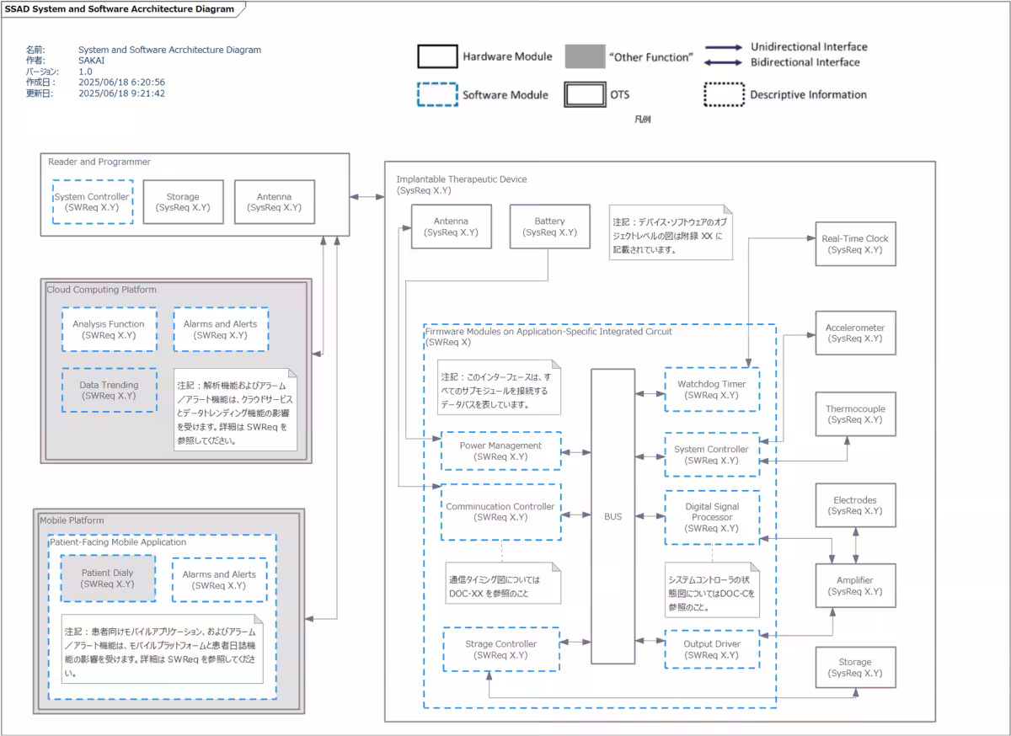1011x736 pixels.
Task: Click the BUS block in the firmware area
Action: point(612,516)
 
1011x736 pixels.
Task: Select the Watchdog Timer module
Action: point(711,389)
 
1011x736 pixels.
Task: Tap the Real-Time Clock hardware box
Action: point(855,244)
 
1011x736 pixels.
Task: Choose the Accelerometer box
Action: point(855,333)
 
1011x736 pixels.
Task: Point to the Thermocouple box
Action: point(855,413)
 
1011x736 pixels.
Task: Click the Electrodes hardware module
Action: point(855,505)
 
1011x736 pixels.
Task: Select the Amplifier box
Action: point(855,585)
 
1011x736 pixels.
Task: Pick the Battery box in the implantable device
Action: point(549,227)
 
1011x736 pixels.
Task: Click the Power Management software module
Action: point(500,451)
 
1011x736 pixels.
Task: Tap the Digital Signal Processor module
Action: point(711,517)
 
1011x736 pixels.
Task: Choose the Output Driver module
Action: point(711,649)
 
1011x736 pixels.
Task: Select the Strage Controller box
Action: point(500,649)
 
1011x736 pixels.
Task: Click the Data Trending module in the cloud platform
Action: point(109,390)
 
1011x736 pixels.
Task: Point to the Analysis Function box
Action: point(109,329)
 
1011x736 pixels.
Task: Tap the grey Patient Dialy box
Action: point(107,578)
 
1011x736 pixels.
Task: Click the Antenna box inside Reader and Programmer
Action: point(274,202)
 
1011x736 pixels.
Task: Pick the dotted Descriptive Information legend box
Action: point(724,94)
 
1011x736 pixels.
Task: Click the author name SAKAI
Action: point(92,61)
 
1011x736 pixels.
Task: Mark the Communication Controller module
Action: point(500,511)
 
